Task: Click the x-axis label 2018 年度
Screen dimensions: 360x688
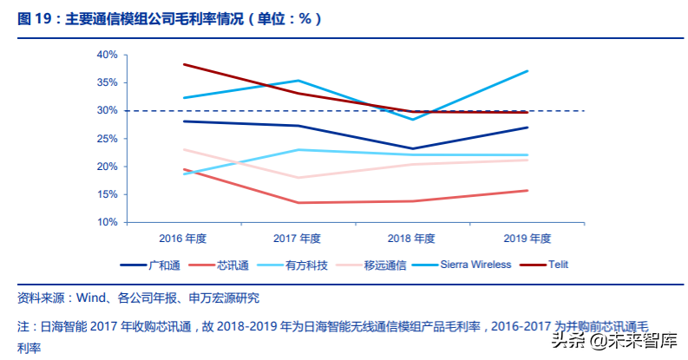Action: click(x=413, y=238)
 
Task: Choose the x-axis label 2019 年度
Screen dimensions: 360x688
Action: click(x=527, y=238)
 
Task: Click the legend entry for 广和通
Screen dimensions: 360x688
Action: click(x=160, y=265)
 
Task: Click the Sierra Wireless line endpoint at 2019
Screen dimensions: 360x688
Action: click(x=527, y=71)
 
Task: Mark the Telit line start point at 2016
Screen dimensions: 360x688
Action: click(x=185, y=64)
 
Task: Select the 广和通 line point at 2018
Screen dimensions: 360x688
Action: click(x=413, y=148)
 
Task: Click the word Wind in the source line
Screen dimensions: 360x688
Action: click(x=90, y=298)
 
